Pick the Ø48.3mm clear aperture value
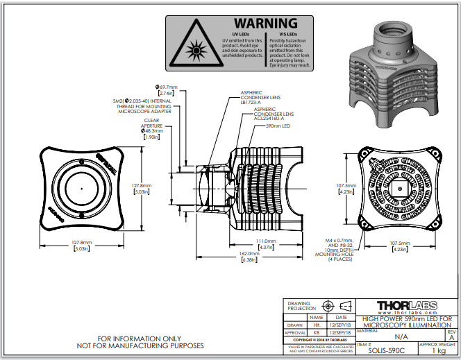[x=152, y=131]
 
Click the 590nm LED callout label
[x=278, y=126]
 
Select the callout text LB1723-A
[x=251, y=101]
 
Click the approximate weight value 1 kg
[x=439, y=350]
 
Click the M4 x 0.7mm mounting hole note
[x=340, y=240]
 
